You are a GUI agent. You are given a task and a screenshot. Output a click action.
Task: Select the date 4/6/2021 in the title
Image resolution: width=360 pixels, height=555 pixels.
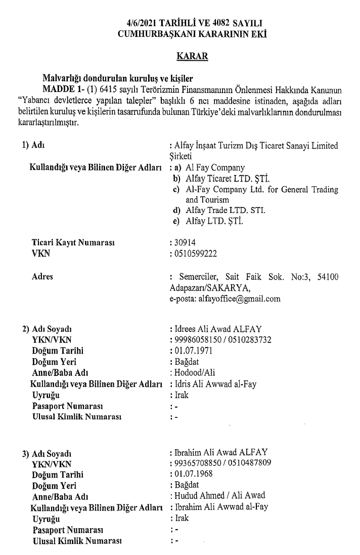(x=143, y=24)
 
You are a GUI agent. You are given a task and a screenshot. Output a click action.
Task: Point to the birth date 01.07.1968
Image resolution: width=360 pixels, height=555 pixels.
(x=193, y=474)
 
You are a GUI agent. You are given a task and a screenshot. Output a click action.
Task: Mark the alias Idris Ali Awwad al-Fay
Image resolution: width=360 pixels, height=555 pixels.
(x=215, y=384)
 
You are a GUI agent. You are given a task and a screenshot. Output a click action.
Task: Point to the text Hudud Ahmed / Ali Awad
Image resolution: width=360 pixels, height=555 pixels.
(x=219, y=496)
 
